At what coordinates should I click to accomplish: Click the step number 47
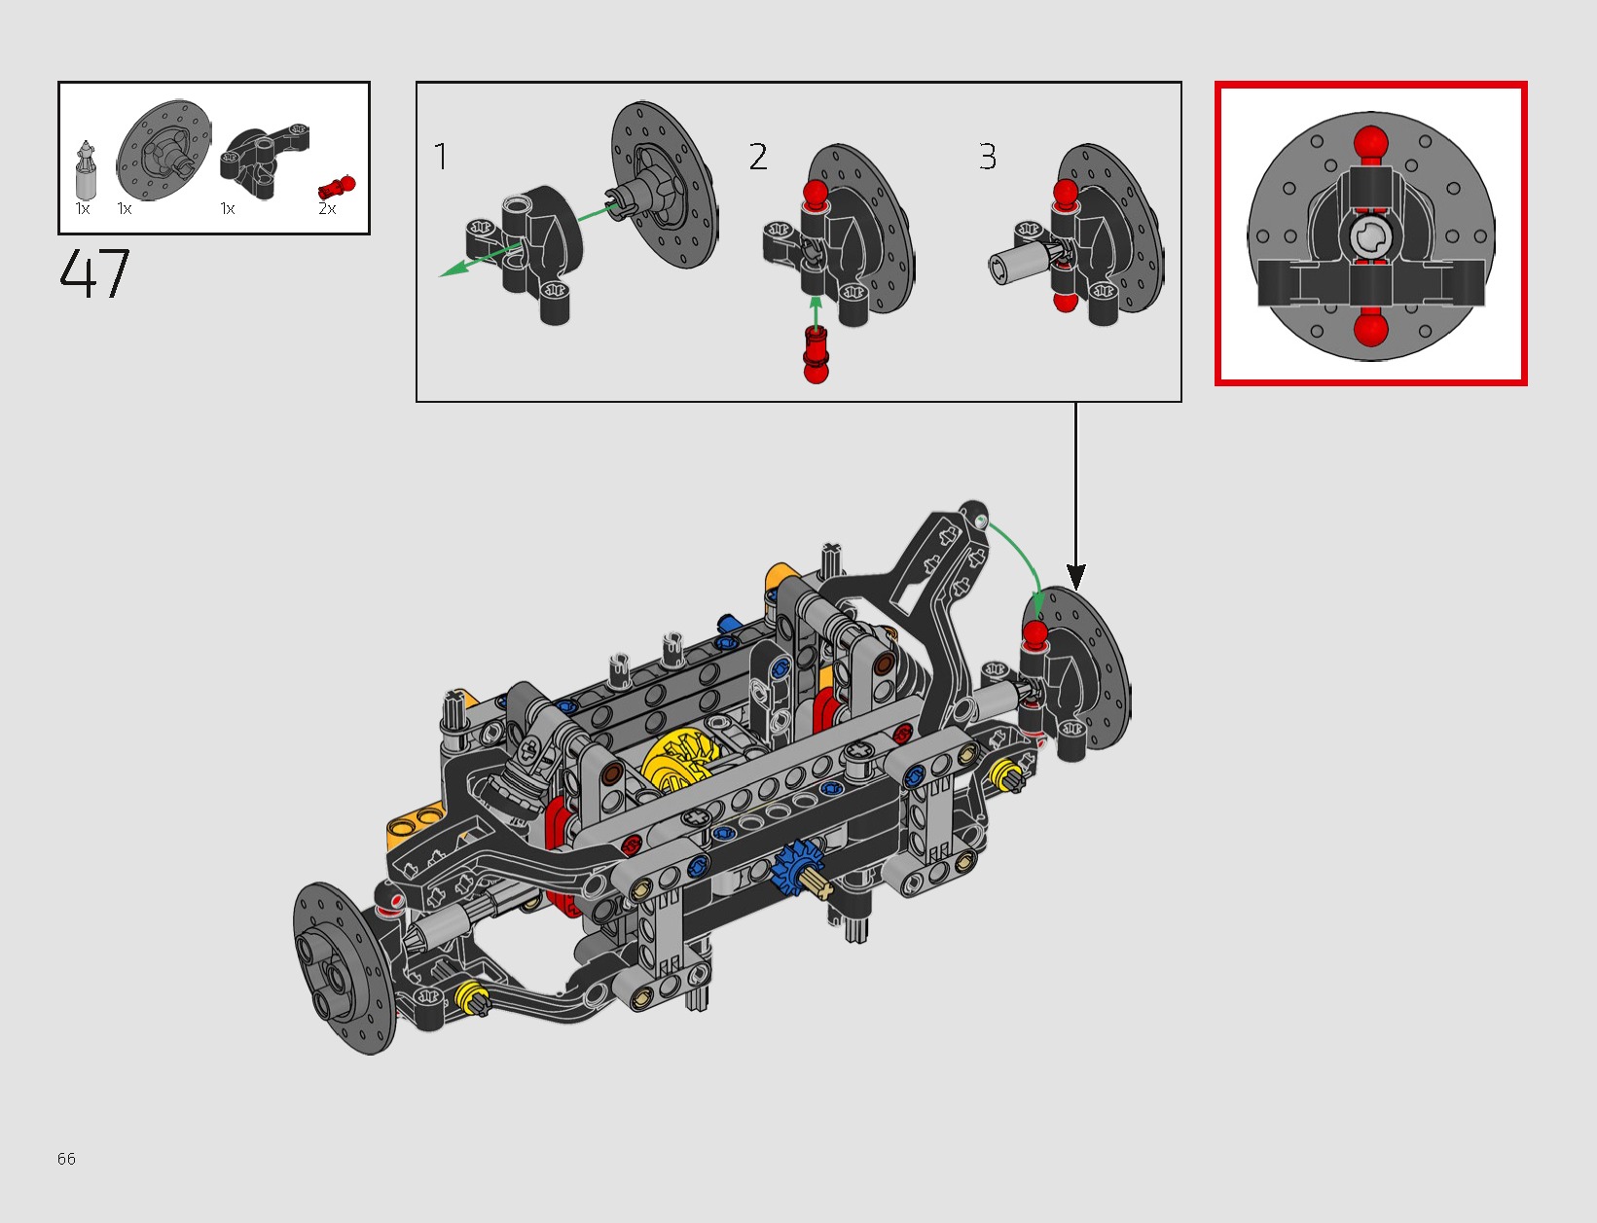click(94, 274)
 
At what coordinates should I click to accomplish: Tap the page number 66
click(66, 1158)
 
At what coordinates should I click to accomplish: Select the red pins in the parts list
click(337, 186)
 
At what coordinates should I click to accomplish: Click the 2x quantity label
click(327, 208)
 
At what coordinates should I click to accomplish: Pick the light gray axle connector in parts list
click(87, 173)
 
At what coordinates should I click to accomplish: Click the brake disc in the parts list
click(163, 151)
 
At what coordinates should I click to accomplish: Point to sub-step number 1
click(441, 157)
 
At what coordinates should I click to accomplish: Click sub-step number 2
click(758, 157)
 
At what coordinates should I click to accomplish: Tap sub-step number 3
click(987, 157)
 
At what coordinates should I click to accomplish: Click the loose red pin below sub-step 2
click(816, 355)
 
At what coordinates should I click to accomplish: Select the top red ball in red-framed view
click(1370, 142)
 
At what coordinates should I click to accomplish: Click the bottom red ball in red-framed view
click(1370, 329)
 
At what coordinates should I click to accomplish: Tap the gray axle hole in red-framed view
click(1370, 236)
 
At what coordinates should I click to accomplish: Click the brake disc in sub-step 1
click(664, 184)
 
